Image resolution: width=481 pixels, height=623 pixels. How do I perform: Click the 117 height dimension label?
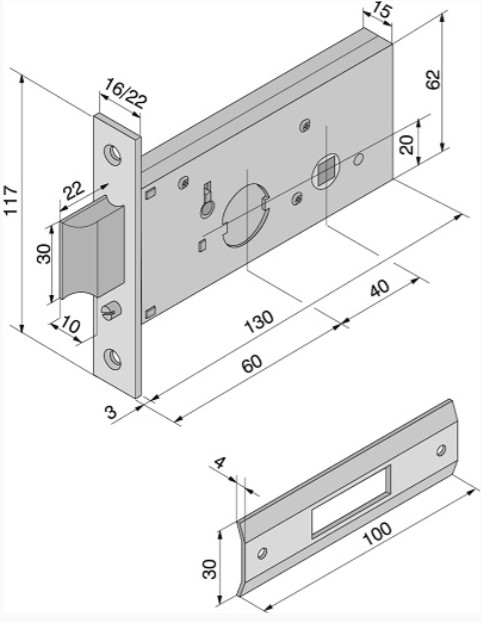point(11,200)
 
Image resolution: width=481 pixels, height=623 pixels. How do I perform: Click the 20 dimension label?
point(407,144)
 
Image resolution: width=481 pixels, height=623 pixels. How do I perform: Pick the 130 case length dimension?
point(259,320)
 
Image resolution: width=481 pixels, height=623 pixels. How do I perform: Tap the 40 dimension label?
point(379,288)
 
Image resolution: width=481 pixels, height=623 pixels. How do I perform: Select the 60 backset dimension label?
point(252,364)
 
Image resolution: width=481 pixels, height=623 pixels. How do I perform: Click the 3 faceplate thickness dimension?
point(112,412)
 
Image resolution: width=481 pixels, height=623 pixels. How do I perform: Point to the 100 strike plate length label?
point(377,533)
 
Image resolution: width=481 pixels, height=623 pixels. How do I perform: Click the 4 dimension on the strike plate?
point(220,462)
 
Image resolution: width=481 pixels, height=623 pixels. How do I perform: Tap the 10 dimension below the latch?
point(71,326)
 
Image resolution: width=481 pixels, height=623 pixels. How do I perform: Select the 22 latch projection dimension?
point(74,191)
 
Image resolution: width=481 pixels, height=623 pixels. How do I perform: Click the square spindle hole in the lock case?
point(327,170)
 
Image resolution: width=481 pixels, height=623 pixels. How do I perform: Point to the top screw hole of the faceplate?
point(113,155)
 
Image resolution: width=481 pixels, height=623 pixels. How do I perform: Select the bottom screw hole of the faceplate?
point(113,359)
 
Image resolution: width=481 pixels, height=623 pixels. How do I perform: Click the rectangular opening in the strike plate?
point(350,502)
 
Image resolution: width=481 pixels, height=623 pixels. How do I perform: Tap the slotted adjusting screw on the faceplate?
point(110,310)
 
